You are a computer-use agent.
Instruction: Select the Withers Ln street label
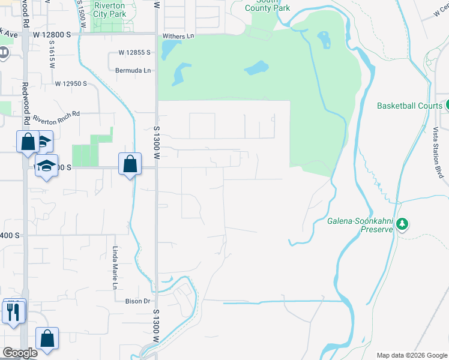point(179,36)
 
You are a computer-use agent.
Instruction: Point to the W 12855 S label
point(134,53)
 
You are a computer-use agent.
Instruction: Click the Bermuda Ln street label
point(133,70)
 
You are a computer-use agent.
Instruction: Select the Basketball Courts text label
point(409,106)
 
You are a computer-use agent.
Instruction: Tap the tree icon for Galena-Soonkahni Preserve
point(402,225)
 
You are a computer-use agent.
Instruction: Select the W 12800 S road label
point(52,35)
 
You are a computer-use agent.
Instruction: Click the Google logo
point(20,353)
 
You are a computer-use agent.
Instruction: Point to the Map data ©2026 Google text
point(411,355)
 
